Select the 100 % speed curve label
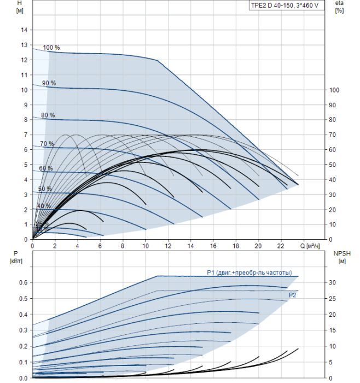pyautogui.click(x=51, y=48)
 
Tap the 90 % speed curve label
pyautogui.click(x=49, y=83)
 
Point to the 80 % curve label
pyautogui.click(x=48, y=115)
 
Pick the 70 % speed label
pyautogui.click(x=47, y=144)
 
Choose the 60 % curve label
pyautogui.click(x=46, y=168)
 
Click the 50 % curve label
pyautogui.click(x=45, y=189)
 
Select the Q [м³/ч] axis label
pyautogui.click(x=310, y=247)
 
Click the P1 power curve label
pyautogui.click(x=249, y=272)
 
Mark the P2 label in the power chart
pyautogui.click(x=293, y=295)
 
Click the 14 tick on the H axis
pyautogui.click(x=24, y=30)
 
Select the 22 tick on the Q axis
pyautogui.click(x=281, y=247)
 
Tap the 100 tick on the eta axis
pyautogui.click(x=335, y=90)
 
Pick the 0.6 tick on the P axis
pyautogui.click(x=22, y=282)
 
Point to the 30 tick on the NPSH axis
pyautogui.click(x=334, y=282)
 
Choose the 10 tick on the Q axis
pyautogui.click(x=145, y=247)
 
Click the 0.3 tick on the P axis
pyautogui.click(x=22, y=330)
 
